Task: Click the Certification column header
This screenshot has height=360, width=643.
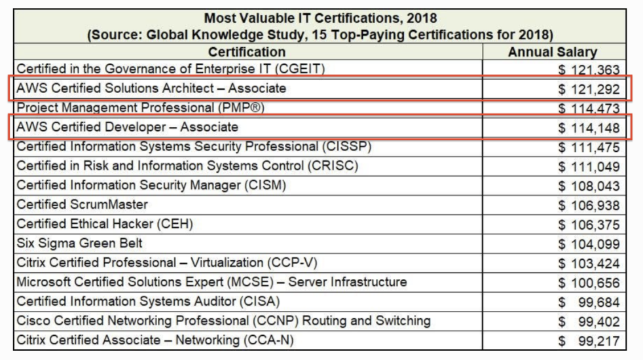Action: (247, 52)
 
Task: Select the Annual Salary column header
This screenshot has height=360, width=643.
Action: (553, 52)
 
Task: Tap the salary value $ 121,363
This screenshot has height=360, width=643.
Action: (589, 69)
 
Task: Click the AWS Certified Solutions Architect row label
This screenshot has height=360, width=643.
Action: (151, 88)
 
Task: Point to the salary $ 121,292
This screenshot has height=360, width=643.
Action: (589, 89)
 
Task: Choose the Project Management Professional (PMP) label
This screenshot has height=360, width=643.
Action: (141, 107)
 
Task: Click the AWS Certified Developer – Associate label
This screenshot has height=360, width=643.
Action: (128, 126)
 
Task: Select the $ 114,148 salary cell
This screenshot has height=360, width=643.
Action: (589, 128)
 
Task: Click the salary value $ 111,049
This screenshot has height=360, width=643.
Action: (589, 167)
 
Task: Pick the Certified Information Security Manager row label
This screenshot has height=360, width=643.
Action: (151, 185)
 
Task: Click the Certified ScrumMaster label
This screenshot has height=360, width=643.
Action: (83, 204)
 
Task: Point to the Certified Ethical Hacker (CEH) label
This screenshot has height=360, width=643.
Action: (105, 224)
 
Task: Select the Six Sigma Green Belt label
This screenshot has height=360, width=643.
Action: (80, 243)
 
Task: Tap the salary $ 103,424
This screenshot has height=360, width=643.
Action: (589, 264)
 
